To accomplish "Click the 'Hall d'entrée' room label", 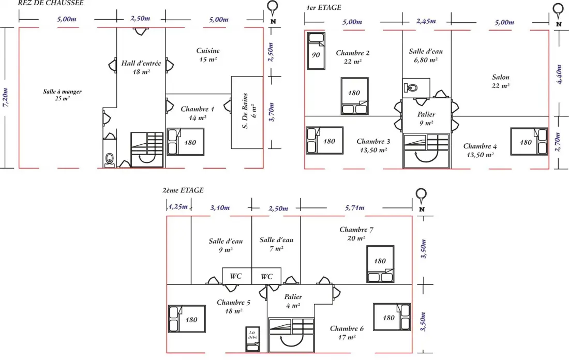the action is click(x=141, y=63).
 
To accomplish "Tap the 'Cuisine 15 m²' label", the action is click(x=208, y=55).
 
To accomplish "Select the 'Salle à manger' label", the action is click(x=63, y=92).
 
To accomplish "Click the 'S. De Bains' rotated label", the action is click(x=245, y=111).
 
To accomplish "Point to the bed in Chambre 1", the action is click(x=185, y=142).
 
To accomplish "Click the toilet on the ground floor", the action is click(x=110, y=159).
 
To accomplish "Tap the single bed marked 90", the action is click(x=316, y=51).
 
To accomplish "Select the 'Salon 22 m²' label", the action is click(x=501, y=81).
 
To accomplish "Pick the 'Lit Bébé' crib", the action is click(x=252, y=339).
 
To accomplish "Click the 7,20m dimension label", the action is click(x=6, y=97).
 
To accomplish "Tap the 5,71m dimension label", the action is click(x=354, y=207).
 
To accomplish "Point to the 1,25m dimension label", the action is click(x=178, y=207).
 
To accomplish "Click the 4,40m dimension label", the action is click(x=559, y=74).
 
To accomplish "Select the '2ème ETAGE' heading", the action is click(x=183, y=190).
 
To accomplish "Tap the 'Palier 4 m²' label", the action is click(x=293, y=301).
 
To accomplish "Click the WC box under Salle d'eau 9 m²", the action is click(x=236, y=276).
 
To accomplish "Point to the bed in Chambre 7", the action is click(x=380, y=264).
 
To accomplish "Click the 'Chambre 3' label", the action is click(x=373, y=142).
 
